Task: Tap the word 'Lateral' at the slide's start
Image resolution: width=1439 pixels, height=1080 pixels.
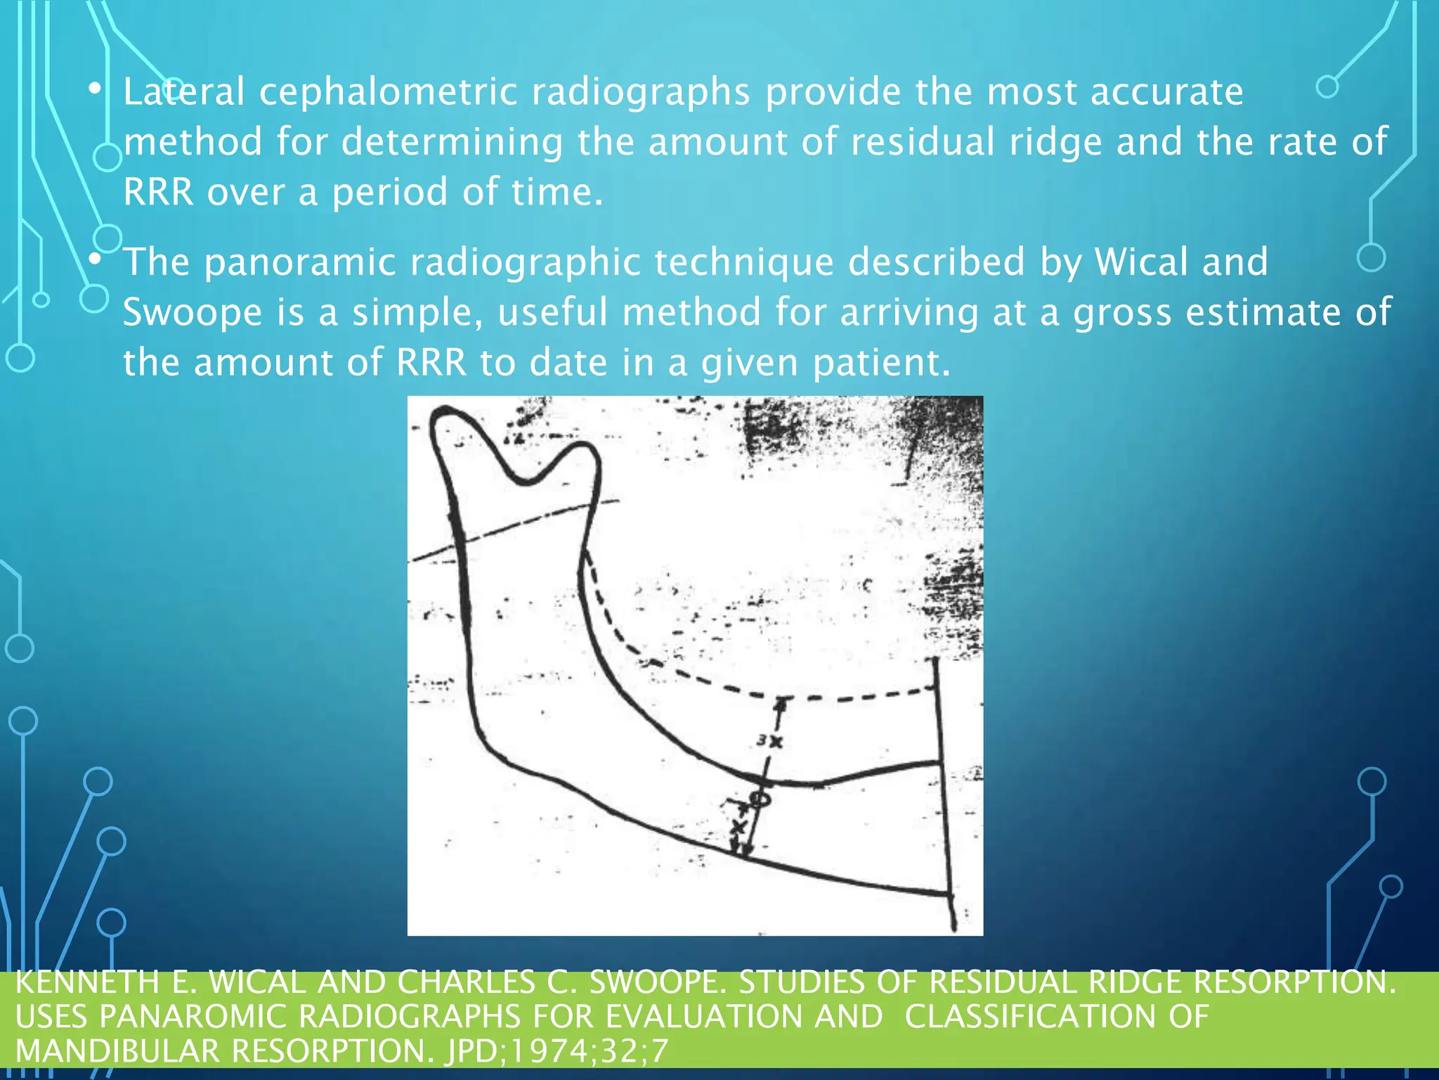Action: coord(184,92)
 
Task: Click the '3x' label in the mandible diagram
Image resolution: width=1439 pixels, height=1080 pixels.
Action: coord(769,740)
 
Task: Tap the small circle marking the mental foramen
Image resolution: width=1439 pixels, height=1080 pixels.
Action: coord(760,799)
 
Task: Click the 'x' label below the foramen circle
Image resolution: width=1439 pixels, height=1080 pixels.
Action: coord(738,826)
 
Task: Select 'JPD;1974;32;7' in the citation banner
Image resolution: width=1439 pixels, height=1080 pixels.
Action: coord(556,1051)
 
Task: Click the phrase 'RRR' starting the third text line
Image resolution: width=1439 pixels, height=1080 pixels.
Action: coord(158,192)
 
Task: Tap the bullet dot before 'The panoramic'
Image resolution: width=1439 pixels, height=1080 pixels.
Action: coord(96,259)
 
